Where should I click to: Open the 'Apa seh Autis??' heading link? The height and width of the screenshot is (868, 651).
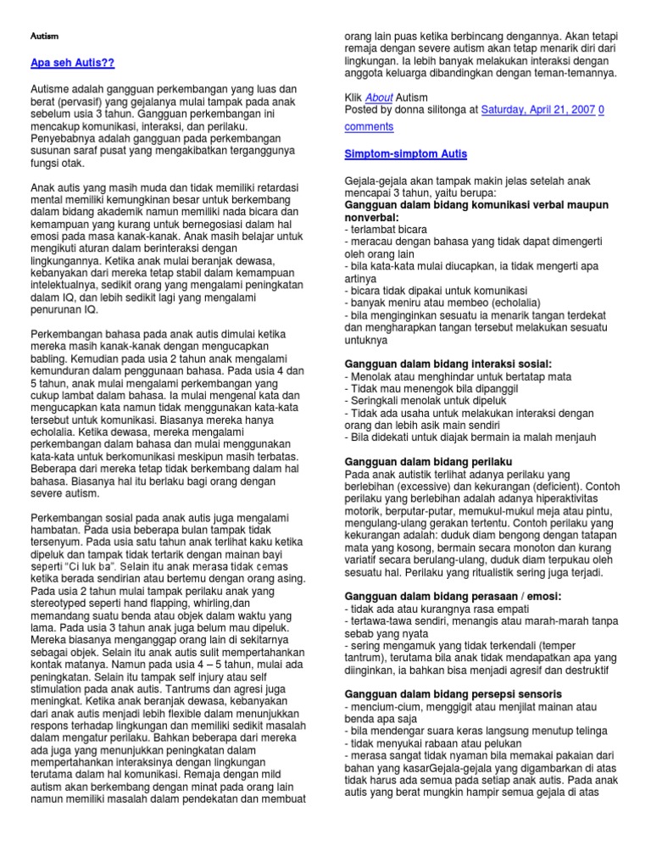pos(72,64)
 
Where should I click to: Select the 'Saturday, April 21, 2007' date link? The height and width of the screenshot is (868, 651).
pos(537,109)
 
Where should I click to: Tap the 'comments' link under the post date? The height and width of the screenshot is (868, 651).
pos(369,126)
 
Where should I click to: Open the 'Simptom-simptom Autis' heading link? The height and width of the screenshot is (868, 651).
pos(405,154)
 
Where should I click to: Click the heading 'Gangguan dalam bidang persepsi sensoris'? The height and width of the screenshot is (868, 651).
pos(441,693)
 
